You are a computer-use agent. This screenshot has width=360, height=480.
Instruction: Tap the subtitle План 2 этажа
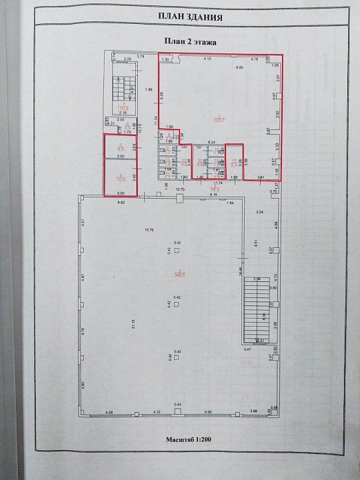pyautogui.click(x=190, y=41)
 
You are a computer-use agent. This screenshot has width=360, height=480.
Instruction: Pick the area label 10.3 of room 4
pyautogui.click(x=121, y=179)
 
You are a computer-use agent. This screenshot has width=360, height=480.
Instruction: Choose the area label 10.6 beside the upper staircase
pyautogui.click(x=123, y=110)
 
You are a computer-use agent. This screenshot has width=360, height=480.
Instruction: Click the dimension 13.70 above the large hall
pyautogui.click(x=179, y=190)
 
